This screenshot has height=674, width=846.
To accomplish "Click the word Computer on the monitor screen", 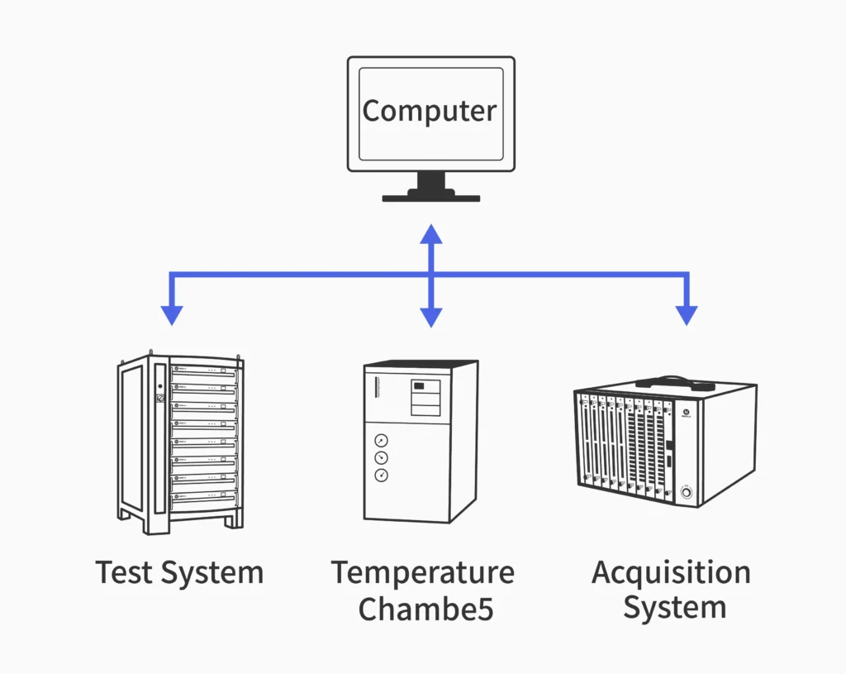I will [430, 111].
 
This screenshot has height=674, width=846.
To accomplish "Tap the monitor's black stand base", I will [430, 197].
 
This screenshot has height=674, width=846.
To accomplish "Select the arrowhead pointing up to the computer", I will [430, 233].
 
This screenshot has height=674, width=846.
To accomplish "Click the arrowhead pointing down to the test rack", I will [172, 315].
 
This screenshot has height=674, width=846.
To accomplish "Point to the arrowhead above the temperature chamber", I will [430, 317].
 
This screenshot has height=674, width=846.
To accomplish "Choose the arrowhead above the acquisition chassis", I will [687, 315].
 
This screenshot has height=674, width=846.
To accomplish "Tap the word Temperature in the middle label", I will [422, 572].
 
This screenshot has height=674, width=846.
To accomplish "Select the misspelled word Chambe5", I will [425, 609].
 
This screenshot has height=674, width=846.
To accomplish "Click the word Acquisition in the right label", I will [671, 572].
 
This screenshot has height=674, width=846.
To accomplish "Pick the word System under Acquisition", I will [674, 609].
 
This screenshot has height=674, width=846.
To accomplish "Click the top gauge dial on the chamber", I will [381, 441].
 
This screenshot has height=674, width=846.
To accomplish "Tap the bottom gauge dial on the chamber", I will [381, 476].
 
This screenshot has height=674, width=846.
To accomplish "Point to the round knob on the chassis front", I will [685, 494].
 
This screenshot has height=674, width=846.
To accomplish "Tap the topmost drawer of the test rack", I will [202, 370].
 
